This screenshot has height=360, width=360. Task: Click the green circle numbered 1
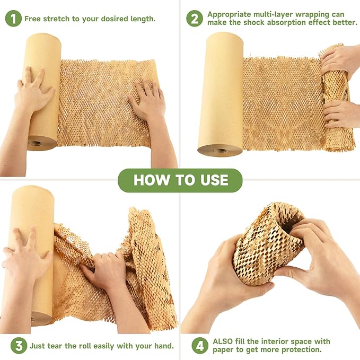point(13,19)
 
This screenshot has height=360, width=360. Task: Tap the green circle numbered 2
point(195,19)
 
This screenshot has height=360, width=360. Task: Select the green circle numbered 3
point(18,346)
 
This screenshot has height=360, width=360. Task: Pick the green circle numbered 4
point(200,346)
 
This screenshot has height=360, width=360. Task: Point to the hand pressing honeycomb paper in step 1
point(145,101)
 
